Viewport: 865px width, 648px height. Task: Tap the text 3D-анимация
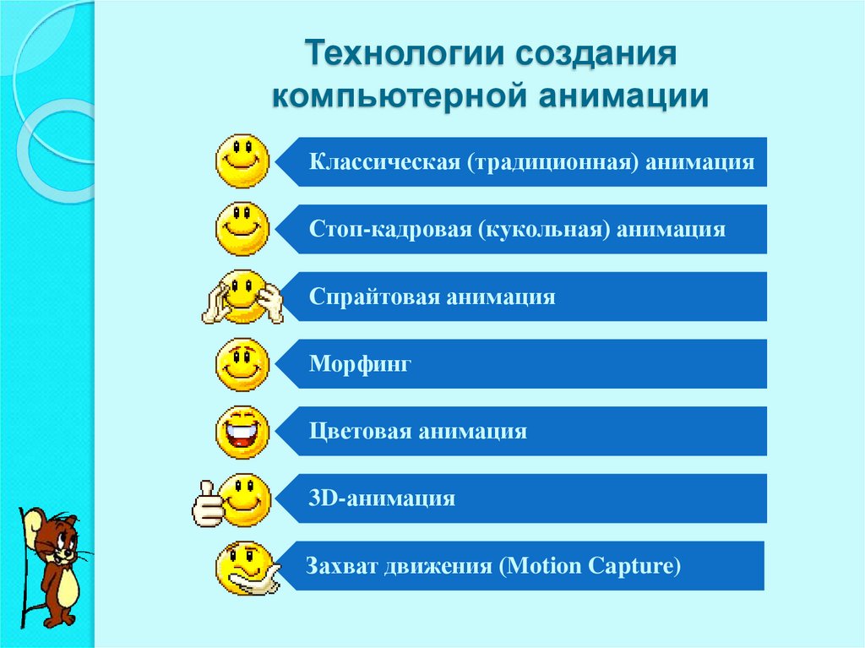tap(382, 498)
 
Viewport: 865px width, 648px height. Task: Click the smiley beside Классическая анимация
tap(243, 161)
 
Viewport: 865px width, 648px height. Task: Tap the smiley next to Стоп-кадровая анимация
tap(243, 228)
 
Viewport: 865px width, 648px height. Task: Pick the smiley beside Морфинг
tap(243, 364)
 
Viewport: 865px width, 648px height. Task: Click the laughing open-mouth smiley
tap(243, 432)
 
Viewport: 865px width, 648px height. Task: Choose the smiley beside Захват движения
tap(245, 566)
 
